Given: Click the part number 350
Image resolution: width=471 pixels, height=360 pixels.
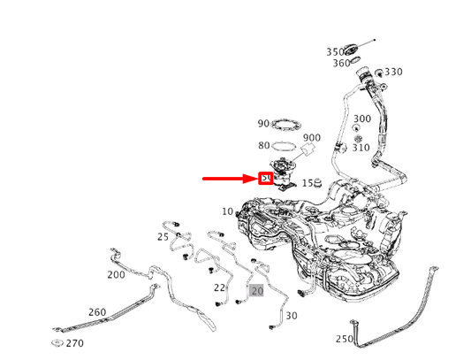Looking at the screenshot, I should [x=335, y=51].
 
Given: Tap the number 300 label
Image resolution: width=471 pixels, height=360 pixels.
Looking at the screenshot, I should [x=362, y=119].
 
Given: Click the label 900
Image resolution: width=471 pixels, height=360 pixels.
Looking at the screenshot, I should [x=312, y=138].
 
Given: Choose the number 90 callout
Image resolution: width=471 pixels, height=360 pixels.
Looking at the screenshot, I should [x=263, y=124].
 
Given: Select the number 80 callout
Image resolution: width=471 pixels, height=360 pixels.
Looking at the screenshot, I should [x=263, y=145].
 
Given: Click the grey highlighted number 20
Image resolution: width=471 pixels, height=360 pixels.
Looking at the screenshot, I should [x=256, y=289].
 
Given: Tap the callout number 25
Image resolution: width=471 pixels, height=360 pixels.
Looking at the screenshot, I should [x=163, y=237].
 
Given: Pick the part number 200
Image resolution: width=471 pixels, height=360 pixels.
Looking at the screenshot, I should [x=116, y=274].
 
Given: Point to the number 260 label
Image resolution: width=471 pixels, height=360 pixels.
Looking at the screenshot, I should [x=97, y=311].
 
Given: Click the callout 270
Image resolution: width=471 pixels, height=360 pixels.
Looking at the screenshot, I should [x=75, y=343].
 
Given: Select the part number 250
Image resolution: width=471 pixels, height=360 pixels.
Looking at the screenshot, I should [x=345, y=339].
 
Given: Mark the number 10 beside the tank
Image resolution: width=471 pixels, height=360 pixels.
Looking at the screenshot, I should [x=227, y=211].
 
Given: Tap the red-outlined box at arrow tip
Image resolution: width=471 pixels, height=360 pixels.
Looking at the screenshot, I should [x=265, y=179].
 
